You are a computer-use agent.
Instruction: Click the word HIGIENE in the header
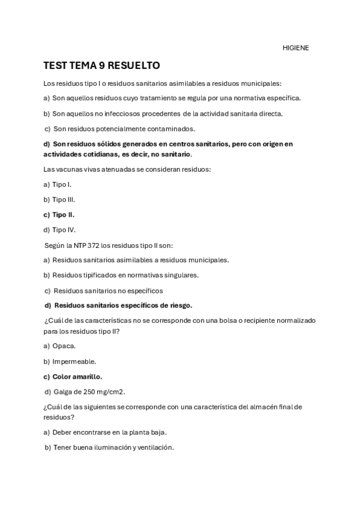tap(296, 48)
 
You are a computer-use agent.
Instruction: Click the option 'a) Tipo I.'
tap(58, 184)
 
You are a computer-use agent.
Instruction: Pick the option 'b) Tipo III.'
tap(59, 199)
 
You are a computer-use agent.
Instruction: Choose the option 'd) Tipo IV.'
tap(59, 229)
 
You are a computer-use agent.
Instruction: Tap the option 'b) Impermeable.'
tap(70, 361)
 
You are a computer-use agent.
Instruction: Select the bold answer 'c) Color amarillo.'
tap(73, 376)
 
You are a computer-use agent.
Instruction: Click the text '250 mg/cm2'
tap(106, 392)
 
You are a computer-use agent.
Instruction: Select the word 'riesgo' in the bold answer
tap(181, 305)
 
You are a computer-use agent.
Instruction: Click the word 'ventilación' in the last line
tap(155, 447)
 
